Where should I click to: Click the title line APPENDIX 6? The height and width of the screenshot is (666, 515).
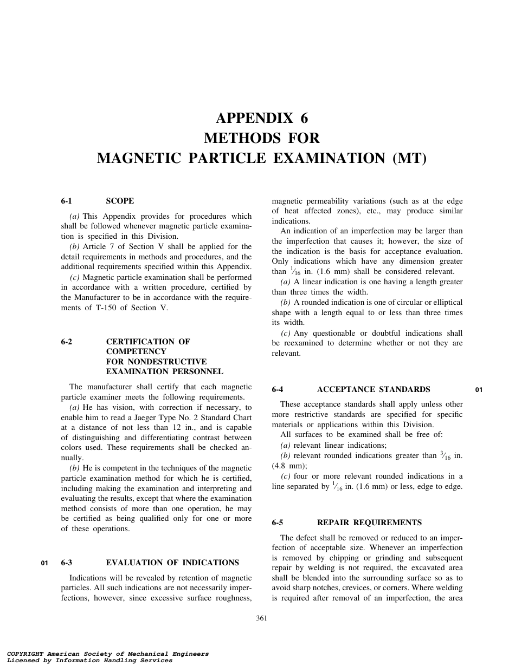[x=262, y=118]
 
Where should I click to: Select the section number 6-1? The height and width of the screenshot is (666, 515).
[x=67, y=201]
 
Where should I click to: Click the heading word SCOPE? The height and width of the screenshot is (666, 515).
[x=120, y=201]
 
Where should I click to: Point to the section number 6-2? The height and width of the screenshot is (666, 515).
[x=67, y=342]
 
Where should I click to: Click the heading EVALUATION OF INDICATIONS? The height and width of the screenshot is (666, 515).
[x=172, y=563]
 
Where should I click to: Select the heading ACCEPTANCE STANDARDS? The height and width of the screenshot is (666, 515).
[x=374, y=389]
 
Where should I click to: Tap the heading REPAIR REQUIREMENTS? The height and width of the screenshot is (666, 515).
[x=369, y=523]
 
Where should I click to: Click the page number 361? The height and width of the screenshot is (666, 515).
[x=262, y=618]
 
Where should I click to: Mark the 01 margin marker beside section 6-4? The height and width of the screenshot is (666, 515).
[x=479, y=390]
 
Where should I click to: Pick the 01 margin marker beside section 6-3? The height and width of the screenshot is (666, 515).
[x=44, y=563]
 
